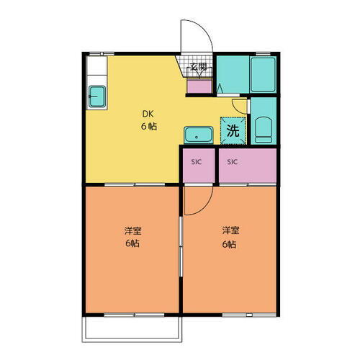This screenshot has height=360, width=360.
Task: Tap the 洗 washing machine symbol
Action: coord(233,130)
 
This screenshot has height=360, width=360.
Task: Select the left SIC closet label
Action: coord(197,162)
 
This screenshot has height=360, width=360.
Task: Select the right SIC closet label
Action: coord(233,162)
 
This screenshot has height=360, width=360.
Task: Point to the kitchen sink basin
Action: coord(96,94)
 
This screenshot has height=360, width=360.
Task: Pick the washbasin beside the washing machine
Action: coord(196,135)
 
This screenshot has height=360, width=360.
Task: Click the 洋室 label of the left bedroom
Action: coord(132,231)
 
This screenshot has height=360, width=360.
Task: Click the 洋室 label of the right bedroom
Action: coord(230,231)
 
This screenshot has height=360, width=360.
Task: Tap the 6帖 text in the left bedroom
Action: coord(132,244)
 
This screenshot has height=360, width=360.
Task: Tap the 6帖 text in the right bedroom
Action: coord(230,244)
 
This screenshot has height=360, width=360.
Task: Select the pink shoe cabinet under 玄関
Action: coord(198,86)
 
